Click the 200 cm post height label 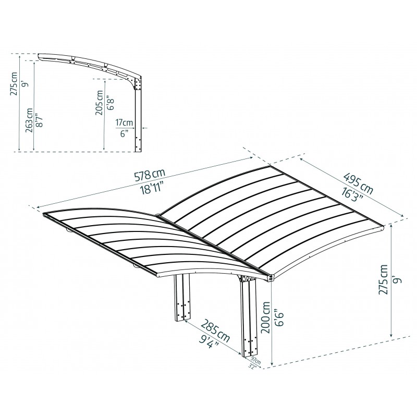pos(266,319)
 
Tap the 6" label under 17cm pos(124,133)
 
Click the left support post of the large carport pos(182,305)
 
